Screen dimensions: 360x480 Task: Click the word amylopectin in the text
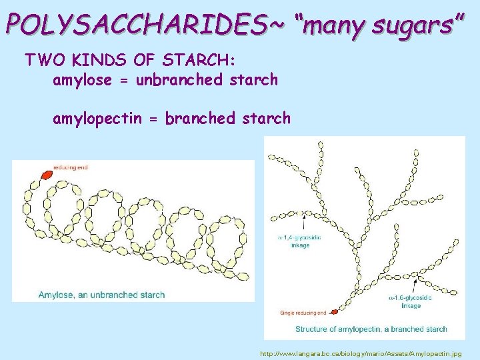[x=97, y=119]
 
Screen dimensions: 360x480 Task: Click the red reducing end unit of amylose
[x=46, y=175]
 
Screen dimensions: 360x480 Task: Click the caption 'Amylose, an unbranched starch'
[x=101, y=295]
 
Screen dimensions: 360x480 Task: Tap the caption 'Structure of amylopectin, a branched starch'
[x=371, y=329]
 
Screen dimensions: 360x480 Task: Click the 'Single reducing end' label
[x=303, y=312]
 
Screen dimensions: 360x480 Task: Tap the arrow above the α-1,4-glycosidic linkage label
[x=303, y=220]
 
